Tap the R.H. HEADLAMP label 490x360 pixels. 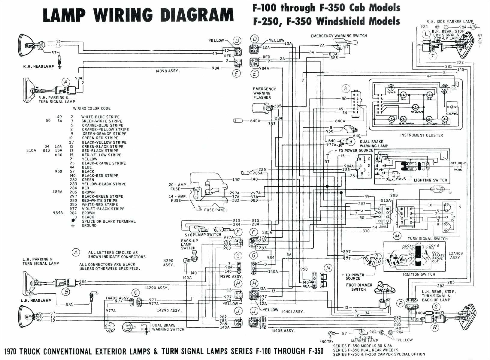(38, 66)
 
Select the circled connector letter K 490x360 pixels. (346, 88)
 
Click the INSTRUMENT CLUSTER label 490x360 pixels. (421, 135)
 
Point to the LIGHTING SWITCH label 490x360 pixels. (430, 180)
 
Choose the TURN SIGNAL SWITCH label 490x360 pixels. (428, 239)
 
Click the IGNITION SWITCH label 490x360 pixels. (419, 274)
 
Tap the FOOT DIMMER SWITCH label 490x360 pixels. (359, 287)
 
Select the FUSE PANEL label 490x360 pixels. (216, 210)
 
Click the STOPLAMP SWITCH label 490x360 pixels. (203, 235)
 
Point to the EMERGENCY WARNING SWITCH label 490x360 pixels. (339, 36)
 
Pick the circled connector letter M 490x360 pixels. (397, 236)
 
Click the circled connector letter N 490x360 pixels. (328, 268)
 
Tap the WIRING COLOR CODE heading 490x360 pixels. (92, 108)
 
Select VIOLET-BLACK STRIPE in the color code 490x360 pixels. (103, 209)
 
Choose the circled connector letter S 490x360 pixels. (436, 307)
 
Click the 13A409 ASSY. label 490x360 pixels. (455, 255)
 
